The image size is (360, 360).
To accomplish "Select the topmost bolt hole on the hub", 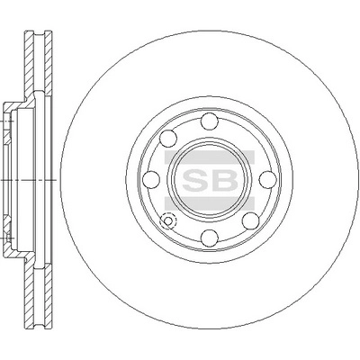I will point(210,123).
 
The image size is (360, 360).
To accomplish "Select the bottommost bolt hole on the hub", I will point(210,237).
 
